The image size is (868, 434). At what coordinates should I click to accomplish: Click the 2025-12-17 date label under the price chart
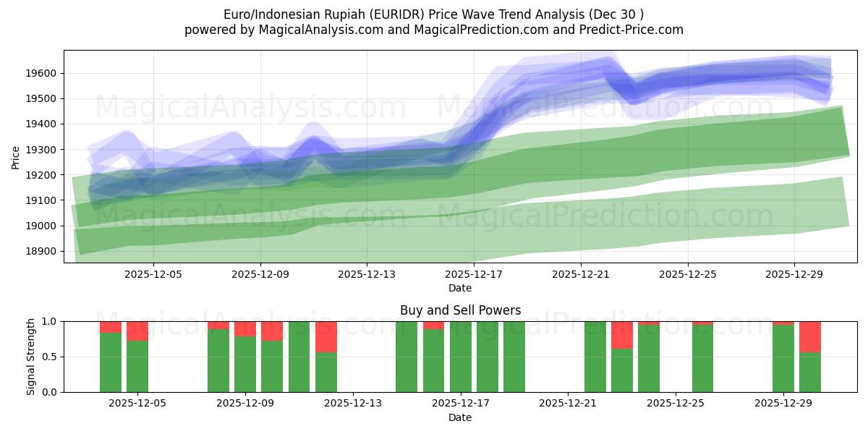pos(473,274)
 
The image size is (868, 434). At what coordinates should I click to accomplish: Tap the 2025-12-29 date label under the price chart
pos(794,274)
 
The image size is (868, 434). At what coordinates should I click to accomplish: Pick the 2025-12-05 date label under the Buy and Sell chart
pos(137,403)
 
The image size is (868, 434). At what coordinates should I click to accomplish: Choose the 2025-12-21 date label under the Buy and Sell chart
pos(568,403)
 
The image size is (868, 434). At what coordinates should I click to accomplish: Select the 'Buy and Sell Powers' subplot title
pos(460,310)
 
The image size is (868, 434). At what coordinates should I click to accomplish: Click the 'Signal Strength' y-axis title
pos(30,356)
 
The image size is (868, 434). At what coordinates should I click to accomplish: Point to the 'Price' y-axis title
pos(16,156)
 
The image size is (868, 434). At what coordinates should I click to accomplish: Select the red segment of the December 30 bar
pos(810,336)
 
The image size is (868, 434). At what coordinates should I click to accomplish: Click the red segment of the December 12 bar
pos(326,336)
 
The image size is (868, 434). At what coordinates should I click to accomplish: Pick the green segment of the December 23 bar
pos(622,370)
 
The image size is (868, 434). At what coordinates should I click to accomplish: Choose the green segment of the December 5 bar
pos(137,366)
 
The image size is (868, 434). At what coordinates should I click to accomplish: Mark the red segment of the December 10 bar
pos(272,331)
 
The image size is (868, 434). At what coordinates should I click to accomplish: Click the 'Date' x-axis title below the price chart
pos(460,288)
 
